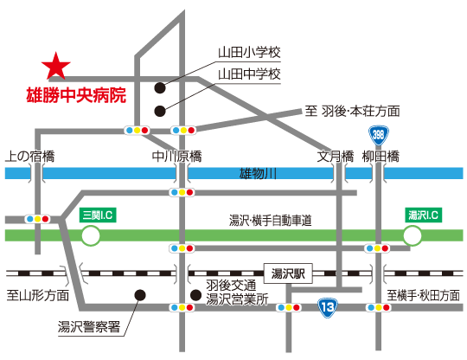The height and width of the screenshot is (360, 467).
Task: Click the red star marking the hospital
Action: pyautogui.click(x=55, y=67)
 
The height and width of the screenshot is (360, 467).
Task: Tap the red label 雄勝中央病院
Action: pyautogui.click(x=77, y=95)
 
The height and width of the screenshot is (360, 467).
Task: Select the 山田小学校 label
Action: pyautogui.click(x=249, y=53)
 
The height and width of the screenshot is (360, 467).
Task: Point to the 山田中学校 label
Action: pyautogui.click(x=249, y=74)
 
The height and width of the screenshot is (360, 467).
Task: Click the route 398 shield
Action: pyautogui.click(x=379, y=136)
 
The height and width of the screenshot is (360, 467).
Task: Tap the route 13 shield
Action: pyautogui.click(x=327, y=307)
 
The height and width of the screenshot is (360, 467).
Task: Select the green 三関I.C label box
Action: pyautogui.click(x=98, y=215)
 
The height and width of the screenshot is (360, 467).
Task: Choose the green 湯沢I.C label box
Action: pyautogui.click(x=423, y=215)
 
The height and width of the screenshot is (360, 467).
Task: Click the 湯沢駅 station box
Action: pyautogui.click(x=288, y=273)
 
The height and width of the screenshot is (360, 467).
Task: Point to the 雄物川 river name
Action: pyautogui.click(x=258, y=173)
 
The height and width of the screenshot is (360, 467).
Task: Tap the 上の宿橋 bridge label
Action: pyautogui.click(x=30, y=156)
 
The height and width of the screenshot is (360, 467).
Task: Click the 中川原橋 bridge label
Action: pyautogui.click(x=176, y=156)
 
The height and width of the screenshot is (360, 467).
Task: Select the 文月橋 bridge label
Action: pyautogui.click(x=335, y=156)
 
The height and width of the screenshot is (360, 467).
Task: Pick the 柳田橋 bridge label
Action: pyautogui.click(x=381, y=156)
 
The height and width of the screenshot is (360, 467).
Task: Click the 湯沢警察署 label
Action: pyautogui.click(x=89, y=327)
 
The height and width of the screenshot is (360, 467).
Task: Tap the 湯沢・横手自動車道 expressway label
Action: pyautogui.click(x=271, y=221)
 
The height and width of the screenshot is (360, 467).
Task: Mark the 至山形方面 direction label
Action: pyautogui.click(x=38, y=295)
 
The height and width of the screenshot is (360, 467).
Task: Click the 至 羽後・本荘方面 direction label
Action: pyautogui.click(x=352, y=111)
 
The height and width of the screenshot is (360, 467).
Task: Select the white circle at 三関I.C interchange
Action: pyautogui.click(x=91, y=235)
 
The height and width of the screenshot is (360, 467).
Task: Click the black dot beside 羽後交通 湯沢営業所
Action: pyautogui.click(x=195, y=295)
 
